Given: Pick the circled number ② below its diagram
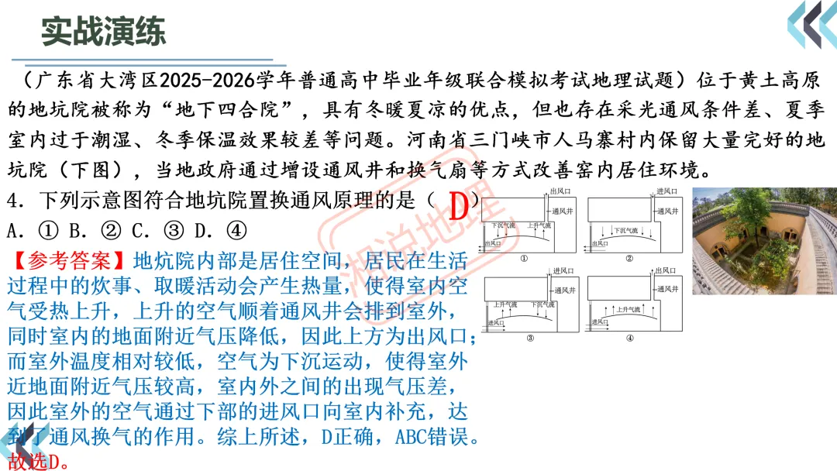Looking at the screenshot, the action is point(629,258).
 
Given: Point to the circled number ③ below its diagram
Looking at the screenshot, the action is point(529,338).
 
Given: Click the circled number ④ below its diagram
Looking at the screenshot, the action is point(629,338).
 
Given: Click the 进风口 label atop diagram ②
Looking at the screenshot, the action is point(667,191).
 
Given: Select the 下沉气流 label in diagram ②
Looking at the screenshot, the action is point(625,230).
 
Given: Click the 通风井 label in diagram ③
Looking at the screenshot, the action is point(565,290).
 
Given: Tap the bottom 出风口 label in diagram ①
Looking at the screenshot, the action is point(492,243).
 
